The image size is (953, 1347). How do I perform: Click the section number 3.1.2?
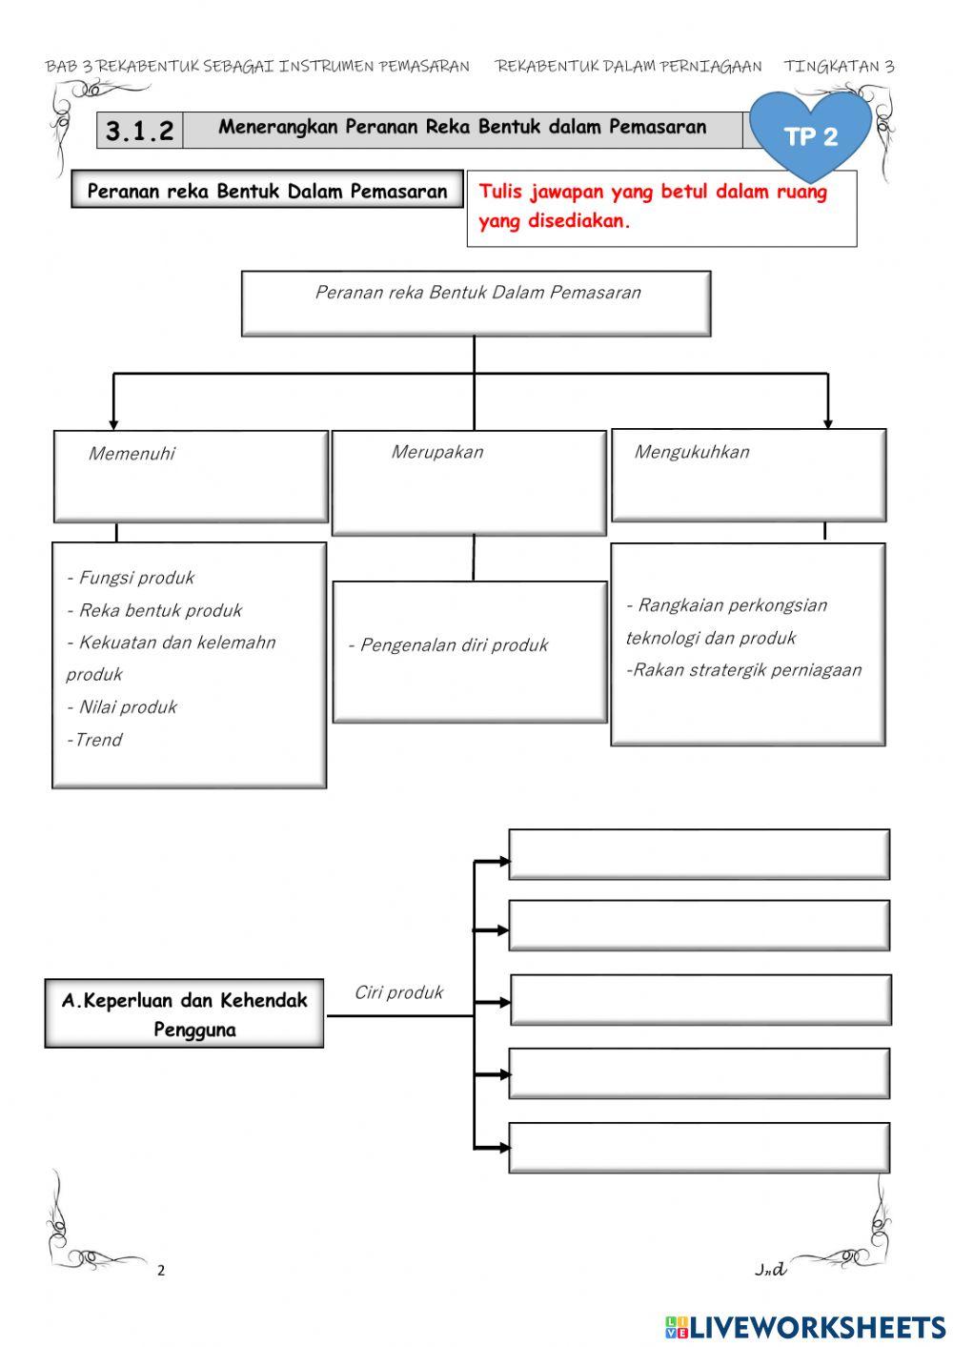pyautogui.click(x=139, y=131)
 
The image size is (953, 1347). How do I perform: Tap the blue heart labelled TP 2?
pyautogui.click(x=810, y=136)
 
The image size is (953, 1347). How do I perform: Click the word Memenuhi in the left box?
pyautogui.click(x=132, y=454)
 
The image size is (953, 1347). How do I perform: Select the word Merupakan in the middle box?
pyautogui.click(x=436, y=452)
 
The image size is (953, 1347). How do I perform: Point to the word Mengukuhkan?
pyautogui.click(x=692, y=452)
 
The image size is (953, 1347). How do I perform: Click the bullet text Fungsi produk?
pyautogui.click(x=131, y=578)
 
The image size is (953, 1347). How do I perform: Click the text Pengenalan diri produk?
pyautogui.click(x=448, y=645)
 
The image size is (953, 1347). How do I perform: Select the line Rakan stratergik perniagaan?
pyautogui.click(x=743, y=670)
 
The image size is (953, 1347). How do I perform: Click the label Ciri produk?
pyautogui.click(x=398, y=992)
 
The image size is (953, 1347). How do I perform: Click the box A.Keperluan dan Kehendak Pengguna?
pyautogui.click(x=184, y=1014)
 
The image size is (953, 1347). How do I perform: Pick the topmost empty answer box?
pyautogui.click(x=699, y=854)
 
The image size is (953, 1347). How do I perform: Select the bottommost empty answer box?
pyautogui.click(x=699, y=1148)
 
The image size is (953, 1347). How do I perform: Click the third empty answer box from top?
pyautogui.click(x=700, y=1000)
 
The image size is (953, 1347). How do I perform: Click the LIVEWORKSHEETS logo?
pyautogui.click(x=805, y=1327)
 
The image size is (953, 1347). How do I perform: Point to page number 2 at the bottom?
pyautogui.click(x=161, y=1270)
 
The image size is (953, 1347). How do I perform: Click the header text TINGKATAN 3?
pyautogui.click(x=839, y=67)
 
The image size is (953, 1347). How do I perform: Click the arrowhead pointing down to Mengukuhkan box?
pyautogui.click(x=827, y=422)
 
